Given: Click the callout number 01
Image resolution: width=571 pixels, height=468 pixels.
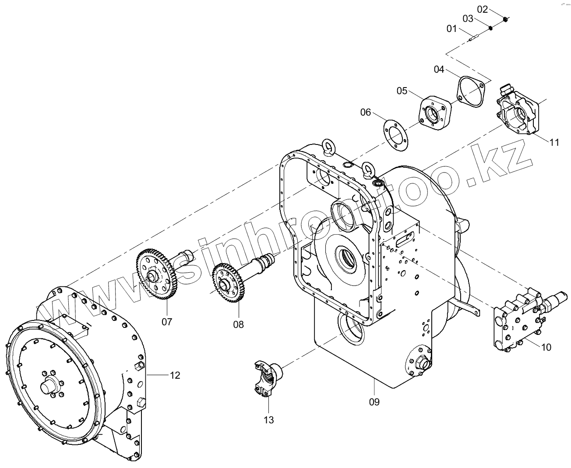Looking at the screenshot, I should (x=451, y=29).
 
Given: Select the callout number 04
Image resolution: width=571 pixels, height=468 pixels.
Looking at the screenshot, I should (x=439, y=69).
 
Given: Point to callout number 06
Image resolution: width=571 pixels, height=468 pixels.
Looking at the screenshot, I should (x=366, y=113).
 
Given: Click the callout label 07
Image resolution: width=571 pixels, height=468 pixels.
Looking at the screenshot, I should (x=167, y=322).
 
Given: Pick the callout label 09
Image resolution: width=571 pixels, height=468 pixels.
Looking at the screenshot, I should (x=374, y=401).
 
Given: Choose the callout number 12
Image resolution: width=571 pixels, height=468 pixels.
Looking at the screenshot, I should (x=175, y=375).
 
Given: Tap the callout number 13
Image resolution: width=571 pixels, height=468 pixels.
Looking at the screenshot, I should (x=268, y=420).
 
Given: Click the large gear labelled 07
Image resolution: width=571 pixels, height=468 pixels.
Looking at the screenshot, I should (x=155, y=275).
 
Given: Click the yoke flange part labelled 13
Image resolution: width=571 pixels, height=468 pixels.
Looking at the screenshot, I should (x=268, y=377).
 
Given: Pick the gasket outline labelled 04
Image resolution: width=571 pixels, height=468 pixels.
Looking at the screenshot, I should (x=471, y=91).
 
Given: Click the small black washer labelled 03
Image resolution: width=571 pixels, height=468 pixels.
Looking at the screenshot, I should (x=491, y=28).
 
